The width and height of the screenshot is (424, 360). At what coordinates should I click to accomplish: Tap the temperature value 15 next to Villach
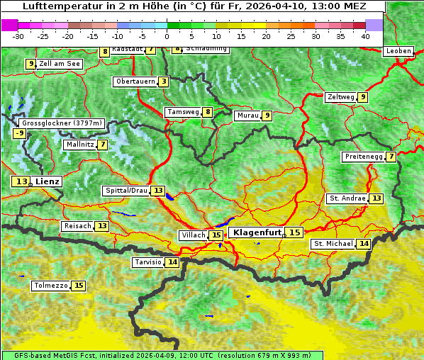[216, 235]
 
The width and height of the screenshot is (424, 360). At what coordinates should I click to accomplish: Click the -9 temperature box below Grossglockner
[20, 133]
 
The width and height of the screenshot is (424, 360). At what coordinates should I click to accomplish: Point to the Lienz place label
[48, 181]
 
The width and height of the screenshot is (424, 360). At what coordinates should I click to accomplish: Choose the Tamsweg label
[182, 112]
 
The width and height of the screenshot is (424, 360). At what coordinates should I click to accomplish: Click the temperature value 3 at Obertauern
[164, 81]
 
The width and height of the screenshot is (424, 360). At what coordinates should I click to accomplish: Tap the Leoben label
[398, 51]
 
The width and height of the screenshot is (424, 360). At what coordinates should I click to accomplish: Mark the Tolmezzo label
[50, 286]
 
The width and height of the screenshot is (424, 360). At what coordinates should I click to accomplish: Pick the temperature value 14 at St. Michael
[364, 244]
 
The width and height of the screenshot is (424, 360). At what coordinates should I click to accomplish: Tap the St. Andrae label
[347, 198]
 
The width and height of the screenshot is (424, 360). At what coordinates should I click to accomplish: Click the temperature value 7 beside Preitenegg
[391, 157]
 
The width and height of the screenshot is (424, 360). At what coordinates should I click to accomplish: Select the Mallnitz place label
[79, 145]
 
